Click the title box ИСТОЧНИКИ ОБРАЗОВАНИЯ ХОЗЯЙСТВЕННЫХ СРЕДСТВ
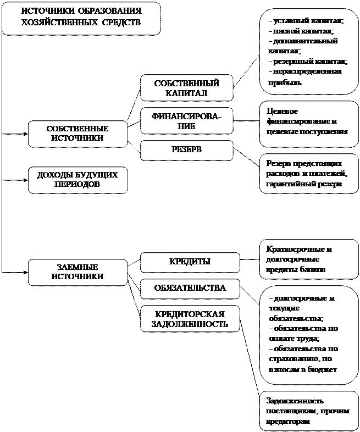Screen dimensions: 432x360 click(81, 18)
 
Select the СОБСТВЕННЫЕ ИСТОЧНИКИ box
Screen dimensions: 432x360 click(77, 134)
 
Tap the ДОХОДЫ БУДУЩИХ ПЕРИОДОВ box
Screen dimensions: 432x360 click(77, 180)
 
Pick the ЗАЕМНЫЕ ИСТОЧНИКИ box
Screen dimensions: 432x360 click(77, 272)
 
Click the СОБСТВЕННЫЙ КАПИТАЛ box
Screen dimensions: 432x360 click(186, 88)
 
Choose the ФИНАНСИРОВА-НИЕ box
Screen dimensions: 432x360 click(186, 120)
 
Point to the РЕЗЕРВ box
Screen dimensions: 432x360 click(186, 149)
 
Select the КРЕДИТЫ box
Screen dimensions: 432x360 click(190, 262)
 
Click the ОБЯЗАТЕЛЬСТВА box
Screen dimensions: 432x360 click(190, 288)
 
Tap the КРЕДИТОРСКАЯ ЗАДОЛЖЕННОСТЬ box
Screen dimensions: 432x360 click(190, 319)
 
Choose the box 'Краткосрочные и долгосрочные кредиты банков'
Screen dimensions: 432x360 click(308, 259)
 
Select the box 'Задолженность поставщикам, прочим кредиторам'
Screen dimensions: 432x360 click(308, 411)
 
